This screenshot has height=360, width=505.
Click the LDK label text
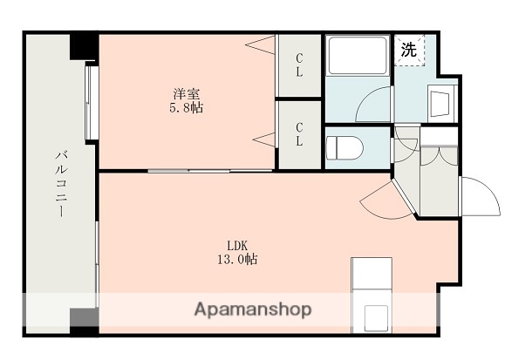tap(238, 244)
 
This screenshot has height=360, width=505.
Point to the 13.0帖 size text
tap(238, 260)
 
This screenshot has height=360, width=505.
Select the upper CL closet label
tap(299, 65)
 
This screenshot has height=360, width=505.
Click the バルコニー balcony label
tap(60, 182)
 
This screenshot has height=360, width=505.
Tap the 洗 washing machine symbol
tap(409, 51)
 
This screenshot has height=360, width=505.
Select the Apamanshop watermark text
tap(253, 309)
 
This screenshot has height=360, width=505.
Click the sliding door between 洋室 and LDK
tap(209, 169)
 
